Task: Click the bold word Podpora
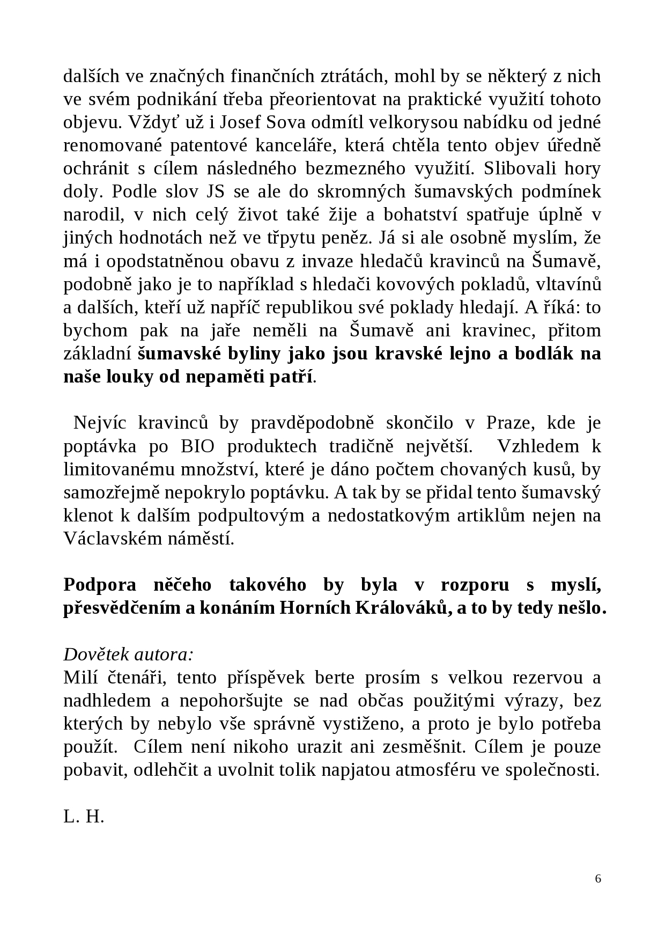point(99,585)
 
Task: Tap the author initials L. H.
point(84,817)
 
